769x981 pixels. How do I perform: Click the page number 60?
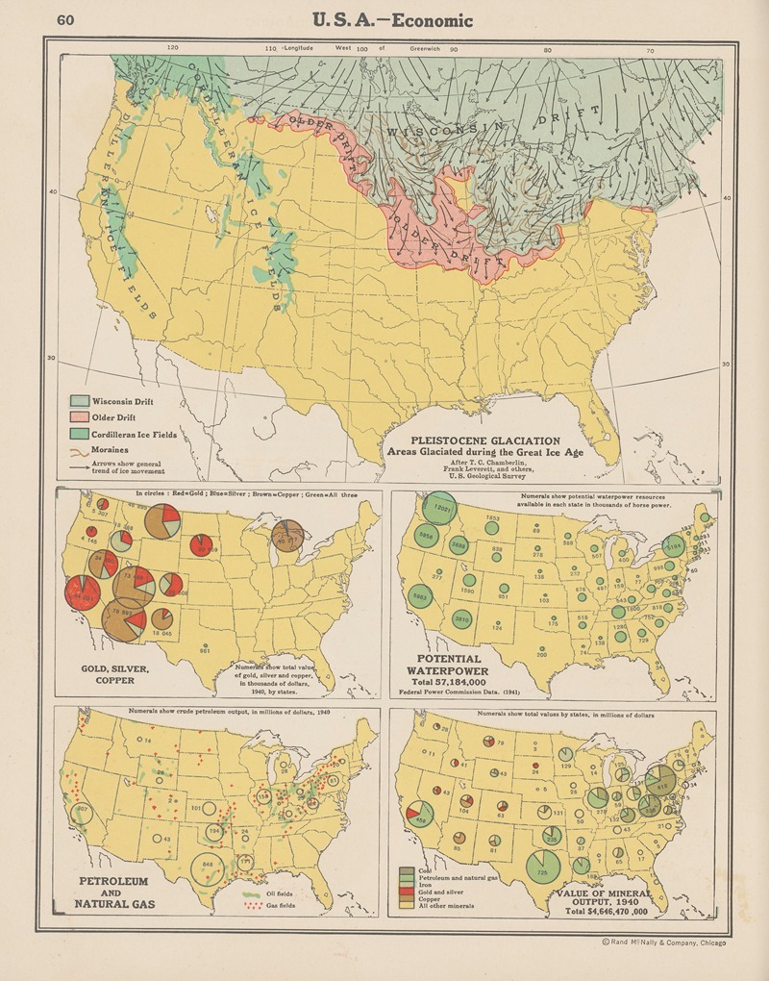65,20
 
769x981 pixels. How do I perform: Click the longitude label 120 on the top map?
173,47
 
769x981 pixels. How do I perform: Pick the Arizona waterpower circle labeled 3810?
461,619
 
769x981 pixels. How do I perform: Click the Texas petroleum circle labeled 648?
208,865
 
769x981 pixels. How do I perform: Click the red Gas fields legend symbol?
254,906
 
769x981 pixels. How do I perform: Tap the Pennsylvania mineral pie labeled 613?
662,784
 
